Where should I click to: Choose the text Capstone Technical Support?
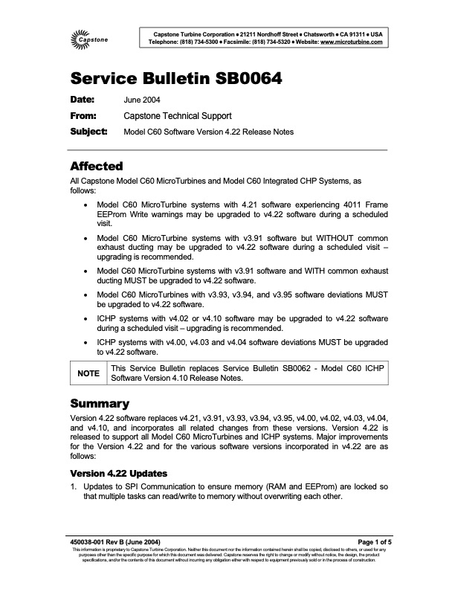177,115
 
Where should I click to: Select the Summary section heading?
100,403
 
